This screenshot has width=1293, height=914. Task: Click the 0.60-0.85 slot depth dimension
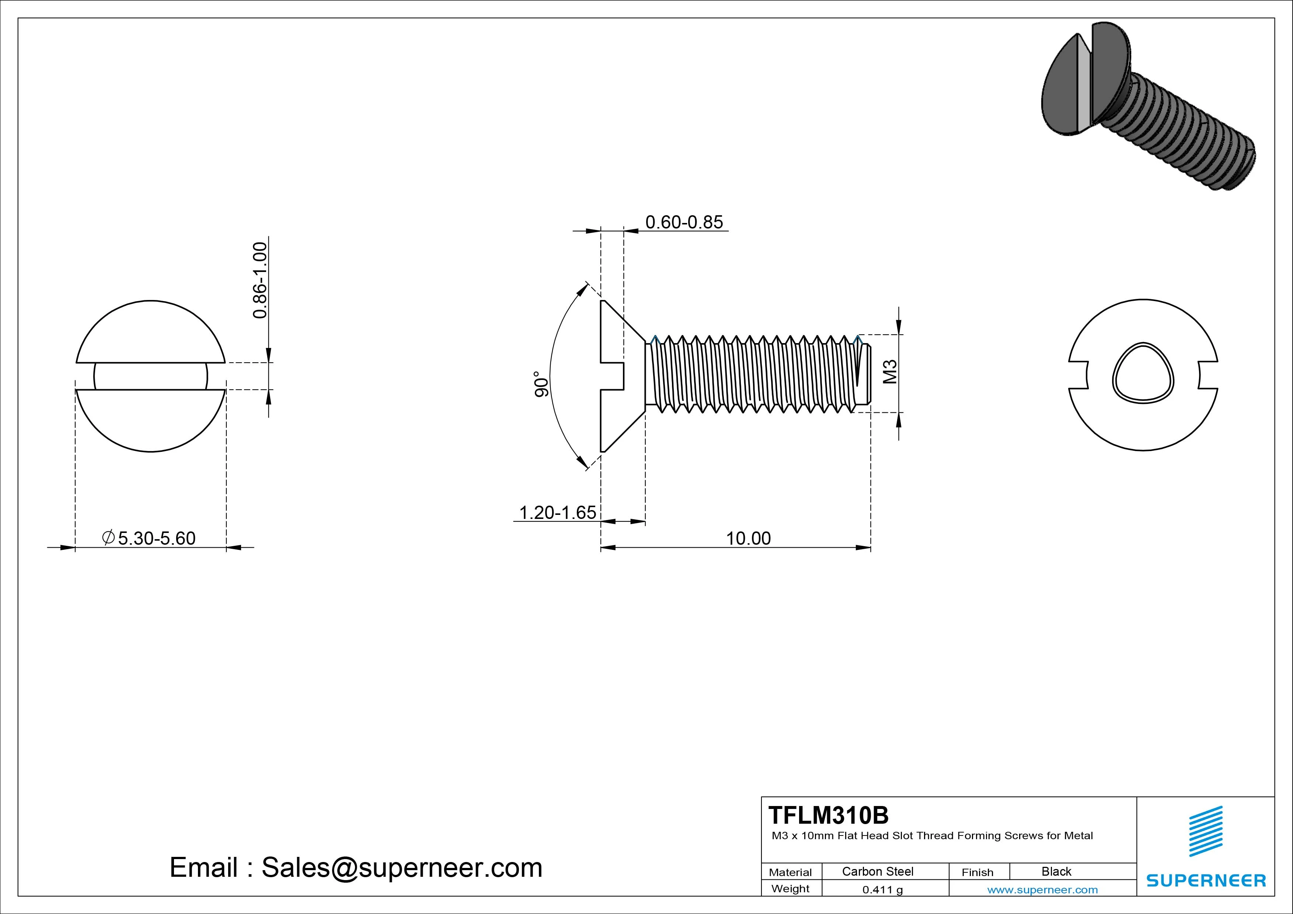click(x=684, y=223)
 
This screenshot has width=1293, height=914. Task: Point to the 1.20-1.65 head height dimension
click(x=557, y=513)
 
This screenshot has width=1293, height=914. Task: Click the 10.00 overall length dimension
click(x=748, y=538)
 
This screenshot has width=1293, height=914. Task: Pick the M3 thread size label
click(x=890, y=372)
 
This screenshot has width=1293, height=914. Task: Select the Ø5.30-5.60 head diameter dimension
click(x=149, y=538)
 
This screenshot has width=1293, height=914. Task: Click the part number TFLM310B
click(x=828, y=815)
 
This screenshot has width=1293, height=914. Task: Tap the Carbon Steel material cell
click(x=877, y=871)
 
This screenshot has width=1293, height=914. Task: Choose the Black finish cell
click(x=1056, y=871)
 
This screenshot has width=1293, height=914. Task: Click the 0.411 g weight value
click(x=882, y=890)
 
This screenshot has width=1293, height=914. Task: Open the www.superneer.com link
click(x=1042, y=890)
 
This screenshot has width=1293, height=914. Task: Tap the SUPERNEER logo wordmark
click(x=1206, y=880)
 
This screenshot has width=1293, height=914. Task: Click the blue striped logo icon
click(x=1206, y=831)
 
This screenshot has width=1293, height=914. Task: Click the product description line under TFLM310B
click(x=932, y=836)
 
